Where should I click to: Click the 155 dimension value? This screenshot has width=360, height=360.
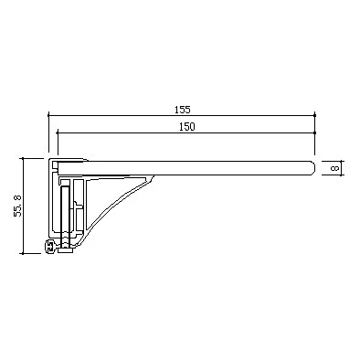(x=183, y=110)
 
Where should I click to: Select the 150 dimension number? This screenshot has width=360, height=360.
(x=187, y=127)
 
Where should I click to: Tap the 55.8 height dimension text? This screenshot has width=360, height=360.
(x=17, y=206)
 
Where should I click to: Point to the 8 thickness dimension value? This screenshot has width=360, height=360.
(x=334, y=168)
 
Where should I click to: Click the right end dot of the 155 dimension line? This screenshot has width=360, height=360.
(x=314, y=115)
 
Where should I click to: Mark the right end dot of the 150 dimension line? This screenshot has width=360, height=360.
(x=314, y=132)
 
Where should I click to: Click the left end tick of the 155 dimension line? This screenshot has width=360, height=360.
(x=48, y=115)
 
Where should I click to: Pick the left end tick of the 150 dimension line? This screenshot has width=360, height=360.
(x=58, y=132)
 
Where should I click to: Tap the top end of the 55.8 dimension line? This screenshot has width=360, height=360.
(x=23, y=158)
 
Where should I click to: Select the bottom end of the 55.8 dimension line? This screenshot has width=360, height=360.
(x=23, y=253)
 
